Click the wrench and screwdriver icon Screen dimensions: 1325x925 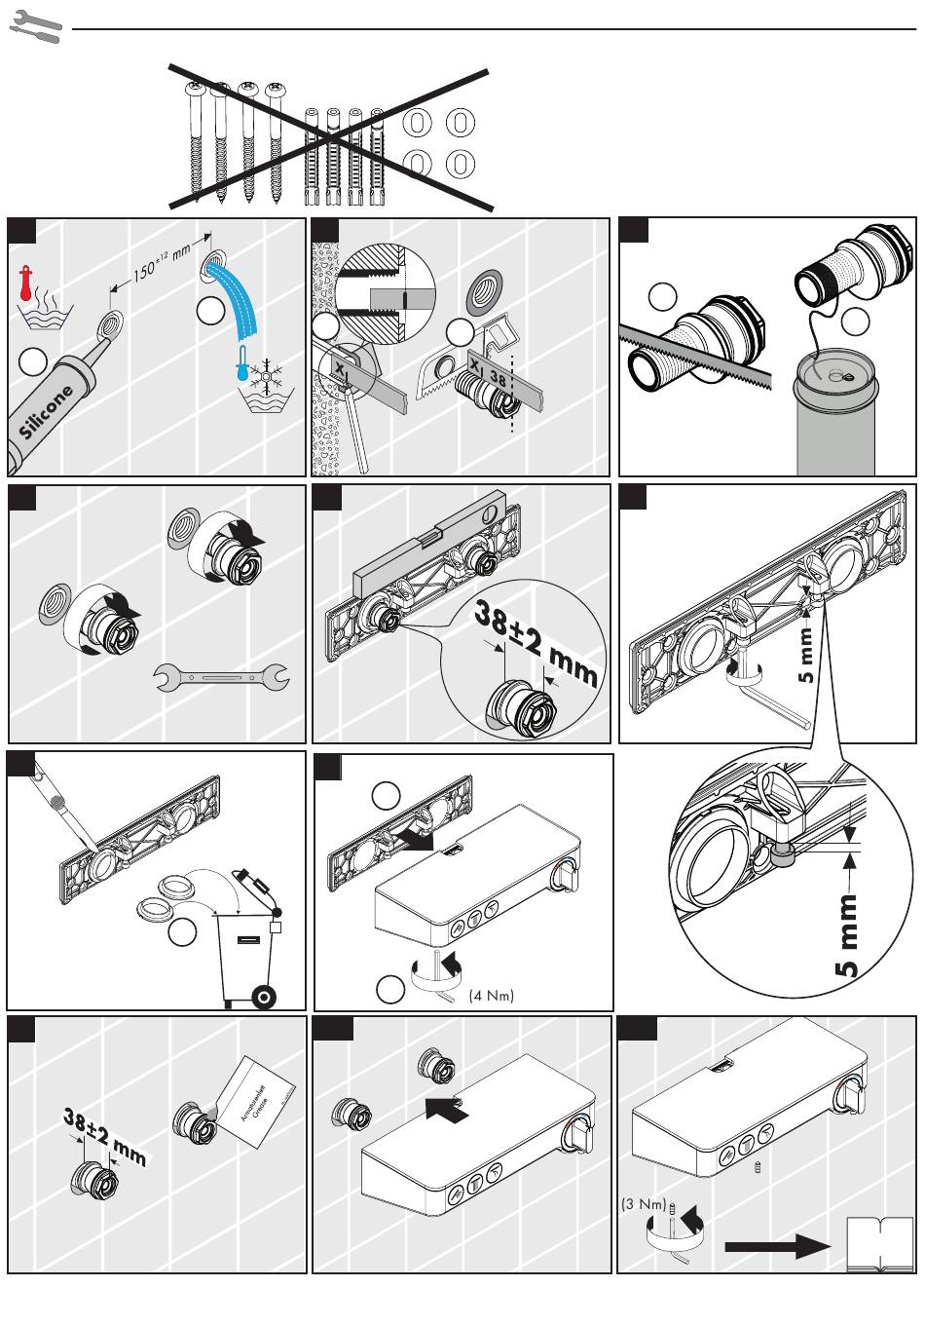(x=36, y=27)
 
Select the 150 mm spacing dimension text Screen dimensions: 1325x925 (x=161, y=261)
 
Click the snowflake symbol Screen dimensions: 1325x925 (x=265, y=375)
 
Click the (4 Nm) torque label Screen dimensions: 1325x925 (x=491, y=995)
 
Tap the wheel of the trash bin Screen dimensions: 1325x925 (x=261, y=997)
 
